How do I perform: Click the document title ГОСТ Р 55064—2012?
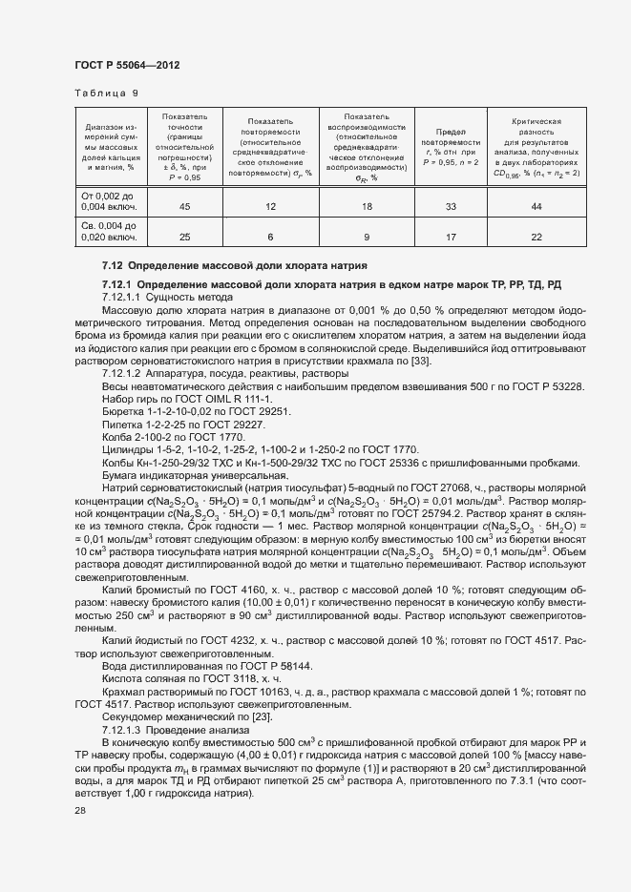[x=127, y=65]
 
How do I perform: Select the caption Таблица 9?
[x=106, y=93]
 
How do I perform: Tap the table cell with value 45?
[x=184, y=207]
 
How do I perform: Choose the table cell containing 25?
[x=184, y=237]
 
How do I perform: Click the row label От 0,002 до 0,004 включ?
[x=111, y=200]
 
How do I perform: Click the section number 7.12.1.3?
[x=125, y=730]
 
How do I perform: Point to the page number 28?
[x=79, y=810]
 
